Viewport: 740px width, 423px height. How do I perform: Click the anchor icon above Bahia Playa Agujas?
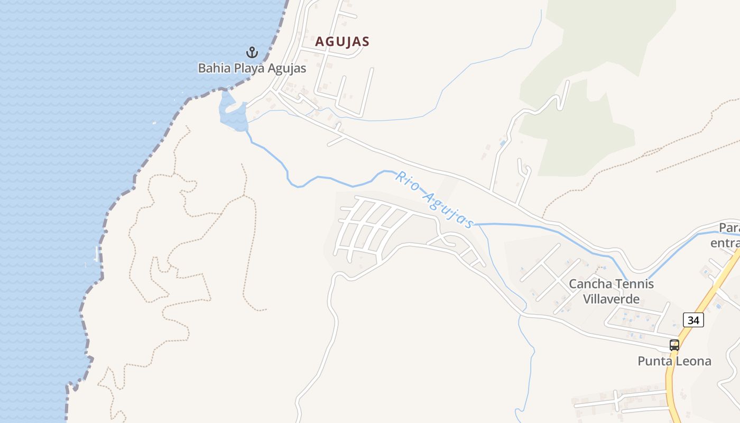tap(252, 52)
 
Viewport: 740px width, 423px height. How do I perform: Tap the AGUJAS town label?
tap(342, 41)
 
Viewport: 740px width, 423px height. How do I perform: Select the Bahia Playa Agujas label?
tap(252, 68)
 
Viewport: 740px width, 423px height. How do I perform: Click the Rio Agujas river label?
tap(433, 199)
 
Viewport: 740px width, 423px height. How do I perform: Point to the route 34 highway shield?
tap(693, 320)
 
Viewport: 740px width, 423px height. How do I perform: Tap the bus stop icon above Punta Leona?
tap(674, 345)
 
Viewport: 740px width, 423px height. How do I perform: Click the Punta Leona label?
tap(674, 361)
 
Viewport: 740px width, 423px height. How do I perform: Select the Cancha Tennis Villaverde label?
tap(611, 291)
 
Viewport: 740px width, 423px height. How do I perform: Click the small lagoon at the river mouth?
tap(233, 114)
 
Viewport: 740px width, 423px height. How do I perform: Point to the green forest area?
tap(581, 132)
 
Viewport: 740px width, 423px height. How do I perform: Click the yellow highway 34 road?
tap(703, 307)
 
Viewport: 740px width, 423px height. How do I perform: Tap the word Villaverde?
tap(611, 299)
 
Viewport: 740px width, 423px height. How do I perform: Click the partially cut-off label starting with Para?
tap(728, 235)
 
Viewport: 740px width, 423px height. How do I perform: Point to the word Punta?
tap(654, 361)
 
